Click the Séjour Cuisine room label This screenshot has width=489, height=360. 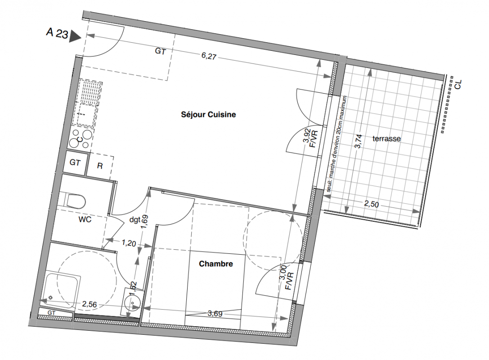tap(208, 114)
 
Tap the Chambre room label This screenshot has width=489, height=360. tap(216, 264)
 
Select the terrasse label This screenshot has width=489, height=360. tap(386, 138)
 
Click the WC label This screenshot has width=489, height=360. tap(85, 219)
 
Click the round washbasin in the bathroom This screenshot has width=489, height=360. tap(132, 302)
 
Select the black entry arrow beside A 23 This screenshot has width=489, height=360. tap(75, 36)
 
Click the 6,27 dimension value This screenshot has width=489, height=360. tap(209, 56)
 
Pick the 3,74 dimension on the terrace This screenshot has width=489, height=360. tap(359, 141)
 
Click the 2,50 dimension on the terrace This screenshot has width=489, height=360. tap(372, 204)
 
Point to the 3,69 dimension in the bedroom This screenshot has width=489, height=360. tap(215, 313)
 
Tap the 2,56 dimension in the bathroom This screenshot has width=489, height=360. tap(90, 304)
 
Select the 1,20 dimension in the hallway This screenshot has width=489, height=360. tap(129, 243)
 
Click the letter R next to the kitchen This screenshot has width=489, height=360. tap(100, 166)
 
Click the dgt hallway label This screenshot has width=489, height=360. tap(135, 220)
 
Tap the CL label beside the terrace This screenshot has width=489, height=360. tap(458, 85)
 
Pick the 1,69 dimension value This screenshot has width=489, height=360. tap(144, 222)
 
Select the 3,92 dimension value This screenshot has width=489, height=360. tap(307, 135)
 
